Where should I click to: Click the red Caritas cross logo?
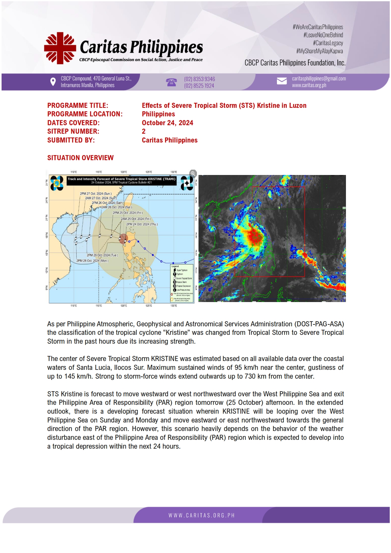[x=60, y=48]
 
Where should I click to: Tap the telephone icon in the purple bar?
[x=171, y=82]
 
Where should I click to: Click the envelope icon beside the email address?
[x=282, y=81]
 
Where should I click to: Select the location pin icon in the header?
[x=53, y=82]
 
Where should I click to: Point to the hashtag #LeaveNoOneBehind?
[x=323, y=35]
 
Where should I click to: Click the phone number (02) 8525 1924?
[x=199, y=86]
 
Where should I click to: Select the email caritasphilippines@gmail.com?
[x=319, y=79]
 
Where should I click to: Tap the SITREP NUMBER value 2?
[x=144, y=131]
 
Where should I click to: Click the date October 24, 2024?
[x=167, y=123]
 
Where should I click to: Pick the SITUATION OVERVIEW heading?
[x=80, y=158]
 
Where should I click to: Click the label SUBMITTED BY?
[x=71, y=140]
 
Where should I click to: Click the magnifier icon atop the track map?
[x=193, y=173]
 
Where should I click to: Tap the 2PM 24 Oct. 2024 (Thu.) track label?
[x=142, y=224]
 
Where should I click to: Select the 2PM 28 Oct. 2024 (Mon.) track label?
[x=92, y=261]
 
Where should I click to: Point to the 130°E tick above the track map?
[x=174, y=172]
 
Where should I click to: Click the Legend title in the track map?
[x=175, y=266]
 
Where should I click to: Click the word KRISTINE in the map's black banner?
[x=155, y=179]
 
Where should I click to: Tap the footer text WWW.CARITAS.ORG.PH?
[x=202, y=515]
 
